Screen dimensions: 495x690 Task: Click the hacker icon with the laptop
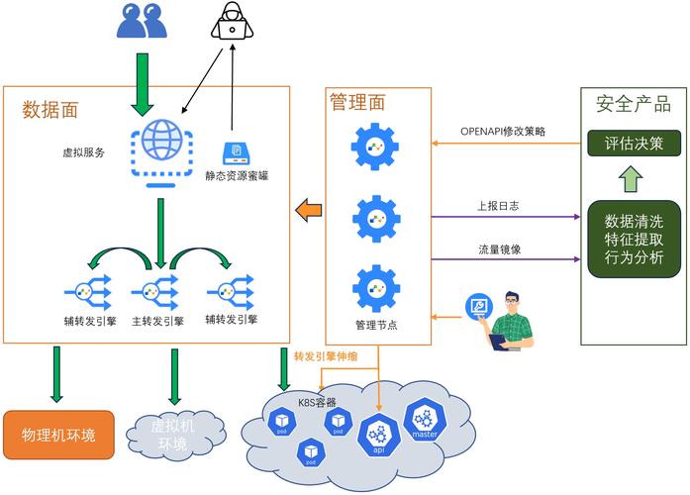click(233, 22)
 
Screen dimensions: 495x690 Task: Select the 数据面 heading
click(50, 110)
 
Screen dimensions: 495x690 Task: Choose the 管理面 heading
click(357, 102)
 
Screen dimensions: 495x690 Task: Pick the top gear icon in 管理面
click(375, 147)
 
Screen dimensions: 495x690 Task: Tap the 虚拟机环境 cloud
click(173, 434)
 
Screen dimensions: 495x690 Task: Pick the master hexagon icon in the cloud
click(425, 423)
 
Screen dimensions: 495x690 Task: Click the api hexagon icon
click(377, 435)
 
